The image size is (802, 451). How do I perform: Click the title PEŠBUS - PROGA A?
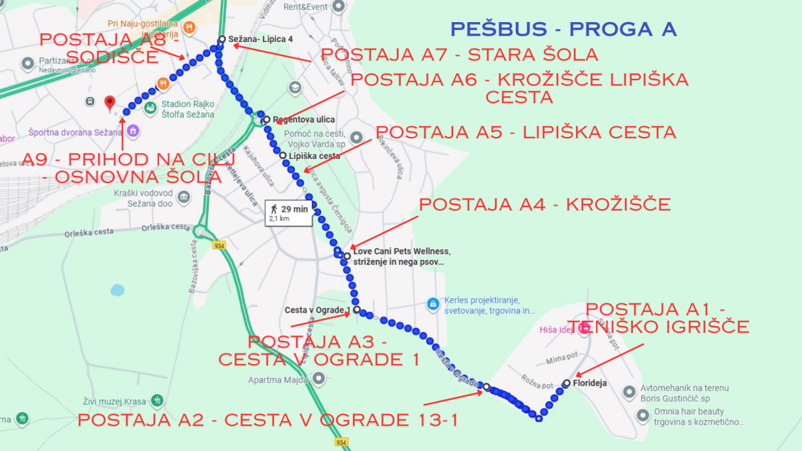pyautogui.click(x=563, y=29)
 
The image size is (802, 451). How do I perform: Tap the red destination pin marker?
pyautogui.click(x=110, y=102)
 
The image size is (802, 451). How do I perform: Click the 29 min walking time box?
pyautogui.click(x=288, y=212)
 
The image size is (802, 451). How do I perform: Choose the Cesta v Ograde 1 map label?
pyautogui.click(x=317, y=310)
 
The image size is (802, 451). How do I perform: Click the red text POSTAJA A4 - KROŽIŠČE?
pyautogui.click(x=545, y=204)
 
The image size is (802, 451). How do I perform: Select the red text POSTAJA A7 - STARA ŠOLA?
pyautogui.click(x=459, y=54)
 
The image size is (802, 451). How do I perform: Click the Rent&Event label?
pyautogui.click(x=305, y=7)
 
